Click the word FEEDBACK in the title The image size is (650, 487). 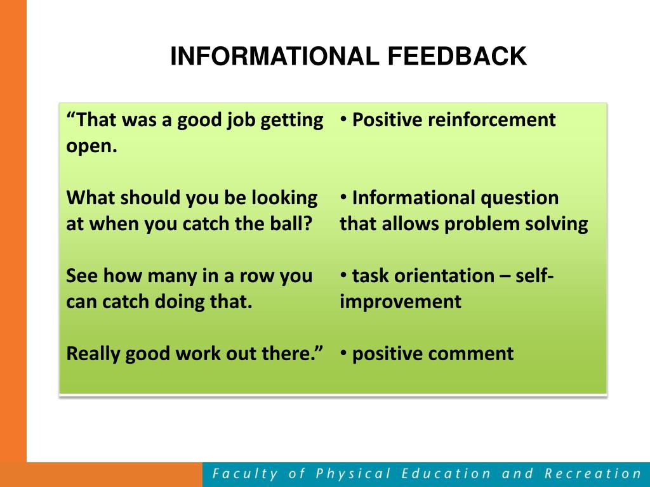[457, 56]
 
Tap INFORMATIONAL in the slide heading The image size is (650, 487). [274, 56]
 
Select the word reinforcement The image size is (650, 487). [491, 120]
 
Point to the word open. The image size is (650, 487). [91, 146]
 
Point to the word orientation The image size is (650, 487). [444, 276]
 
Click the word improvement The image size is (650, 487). [401, 302]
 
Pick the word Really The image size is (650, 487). [93, 354]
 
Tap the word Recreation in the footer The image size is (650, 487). [593, 473]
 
